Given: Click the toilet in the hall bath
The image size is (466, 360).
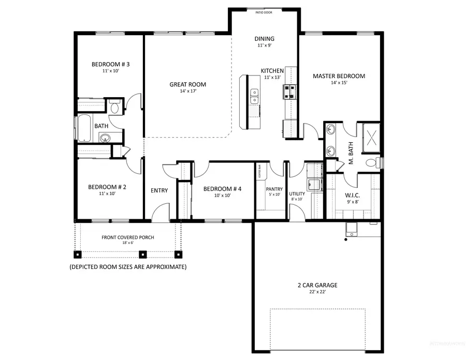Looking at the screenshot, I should pyautogui.click(x=114, y=108).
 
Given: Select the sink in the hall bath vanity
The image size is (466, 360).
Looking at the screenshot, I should pyautogui.click(x=106, y=138).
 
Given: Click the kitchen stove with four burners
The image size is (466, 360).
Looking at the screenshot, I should pyautogui.click(x=289, y=92).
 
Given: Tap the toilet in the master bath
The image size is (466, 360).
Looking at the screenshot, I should pyautogui.click(x=372, y=162).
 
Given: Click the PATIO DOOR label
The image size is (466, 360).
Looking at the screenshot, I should pyautogui.click(x=264, y=11).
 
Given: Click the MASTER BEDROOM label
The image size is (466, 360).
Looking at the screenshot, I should pyautogui.click(x=339, y=76).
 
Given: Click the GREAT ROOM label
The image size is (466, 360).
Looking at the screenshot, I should pyautogui.click(x=188, y=84).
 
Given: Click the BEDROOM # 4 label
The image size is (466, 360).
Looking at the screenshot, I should pyautogui.click(x=222, y=189).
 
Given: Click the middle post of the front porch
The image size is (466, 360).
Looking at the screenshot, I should pyautogui.click(x=143, y=254).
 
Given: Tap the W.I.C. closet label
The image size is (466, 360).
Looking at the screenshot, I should pyautogui.click(x=352, y=196).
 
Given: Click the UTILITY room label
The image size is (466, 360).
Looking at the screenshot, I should pyautogui.click(x=297, y=194).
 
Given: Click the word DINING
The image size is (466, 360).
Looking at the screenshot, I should pyautogui.click(x=264, y=39).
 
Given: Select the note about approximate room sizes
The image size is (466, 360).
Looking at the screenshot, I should pyautogui.click(x=128, y=267).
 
